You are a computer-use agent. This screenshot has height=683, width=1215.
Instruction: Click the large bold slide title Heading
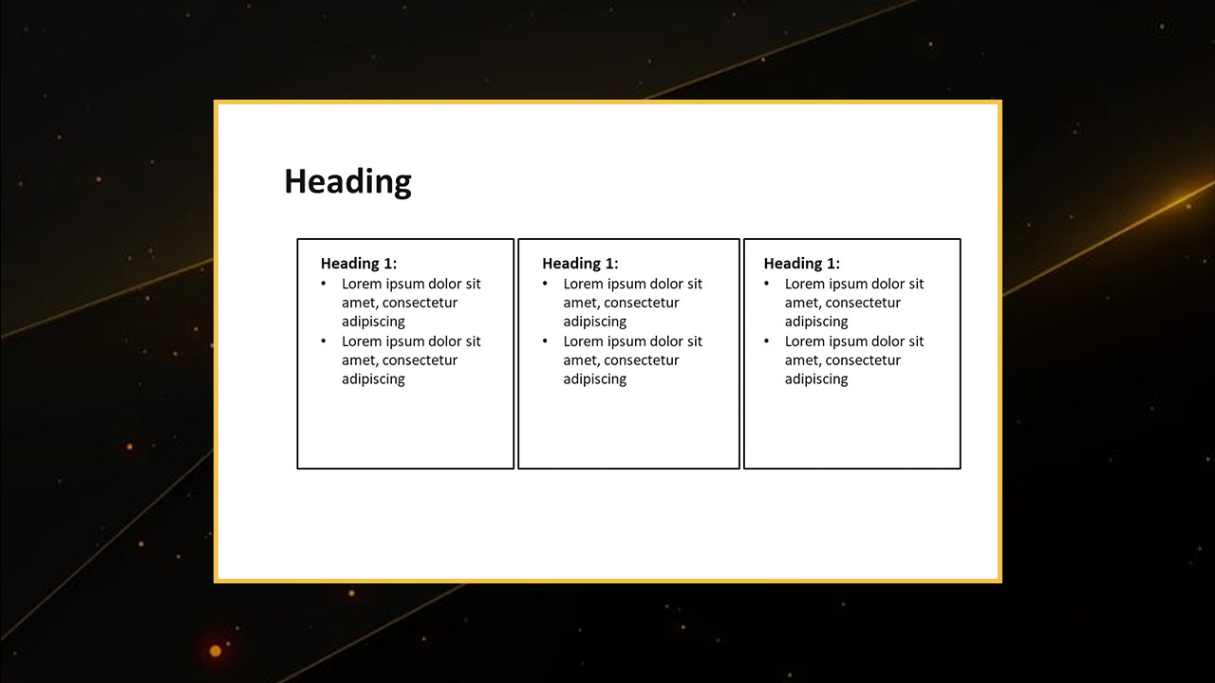(x=347, y=182)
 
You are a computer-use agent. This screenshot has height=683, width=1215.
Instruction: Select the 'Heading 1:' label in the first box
(x=359, y=264)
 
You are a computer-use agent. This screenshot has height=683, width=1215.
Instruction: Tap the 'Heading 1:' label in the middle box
(x=580, y=264)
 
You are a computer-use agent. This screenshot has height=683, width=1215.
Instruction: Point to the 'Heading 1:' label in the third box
(x=802, y=264)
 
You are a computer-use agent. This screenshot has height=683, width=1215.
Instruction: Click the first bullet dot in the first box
(x=324, y=283)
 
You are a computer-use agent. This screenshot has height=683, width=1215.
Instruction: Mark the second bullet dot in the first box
(x=324, y=341)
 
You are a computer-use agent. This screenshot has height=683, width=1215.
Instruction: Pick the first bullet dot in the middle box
(x=545, y=283)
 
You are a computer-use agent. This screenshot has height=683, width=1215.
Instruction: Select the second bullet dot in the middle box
(x=545, y=341)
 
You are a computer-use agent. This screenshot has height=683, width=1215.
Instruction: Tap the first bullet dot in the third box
(x=766, y=283)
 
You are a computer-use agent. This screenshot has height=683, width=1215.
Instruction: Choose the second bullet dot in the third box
(x=766, y=341)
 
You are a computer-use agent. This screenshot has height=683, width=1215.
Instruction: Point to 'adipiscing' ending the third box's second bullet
(x=816, y=379)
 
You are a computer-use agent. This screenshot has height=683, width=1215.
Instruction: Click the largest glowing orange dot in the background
(x=215, y=651)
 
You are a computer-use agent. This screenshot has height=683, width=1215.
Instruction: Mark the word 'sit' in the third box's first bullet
(x=916, y=284)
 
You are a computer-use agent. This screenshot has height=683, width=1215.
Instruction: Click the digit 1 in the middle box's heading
(x=609, y=264)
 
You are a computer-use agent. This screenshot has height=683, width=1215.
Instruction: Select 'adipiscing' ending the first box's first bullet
(x=373, y=322)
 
